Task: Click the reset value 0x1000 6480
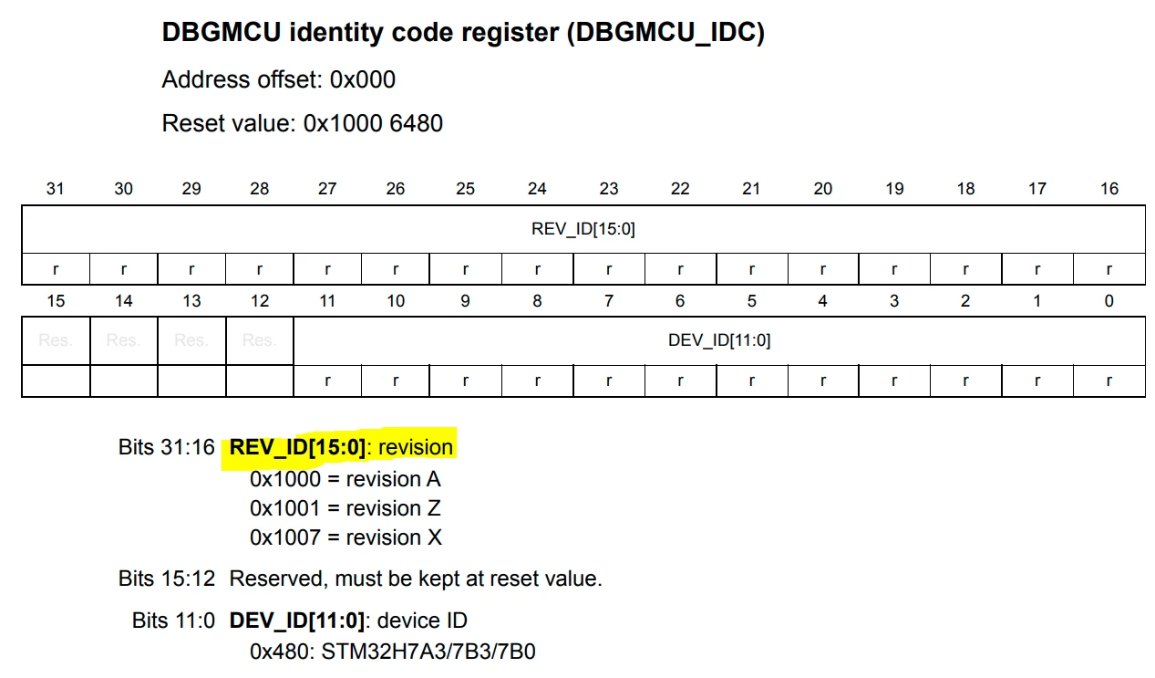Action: click(x=373, y=123)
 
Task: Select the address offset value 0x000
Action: click(x=363, y=79)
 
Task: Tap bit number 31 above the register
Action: click(x=56, y=189)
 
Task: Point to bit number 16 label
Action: click(x=1109, y=189)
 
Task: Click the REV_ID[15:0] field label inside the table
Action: click(x=583, y=228)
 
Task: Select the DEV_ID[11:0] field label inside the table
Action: click(x=719, y=340)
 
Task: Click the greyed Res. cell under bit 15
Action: click(x=56, y=340)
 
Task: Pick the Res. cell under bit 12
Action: click(x=260, y=340)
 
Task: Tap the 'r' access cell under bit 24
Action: click(x=537, y=269)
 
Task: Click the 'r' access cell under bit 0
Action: click(x=1109, y=381)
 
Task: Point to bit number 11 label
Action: click(x=327, y=301)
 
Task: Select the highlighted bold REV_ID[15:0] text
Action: click(x=297, y=447)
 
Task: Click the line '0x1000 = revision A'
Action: click(x=345, y=479)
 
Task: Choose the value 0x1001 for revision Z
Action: click(x=285, y=509)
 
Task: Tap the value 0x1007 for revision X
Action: click(x=285, y=537)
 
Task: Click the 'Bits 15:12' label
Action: click(x=167, y=579)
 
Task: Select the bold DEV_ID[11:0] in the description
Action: click(x=297, y=621)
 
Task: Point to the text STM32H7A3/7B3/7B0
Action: click(x=428, y=652)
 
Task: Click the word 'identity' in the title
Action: click(x=335, y=33)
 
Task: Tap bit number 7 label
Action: click(x=609, y=301)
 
